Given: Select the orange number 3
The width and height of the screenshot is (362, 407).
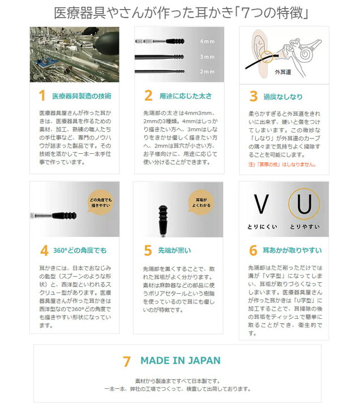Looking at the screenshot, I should pyautogui.click(x=253, y=96).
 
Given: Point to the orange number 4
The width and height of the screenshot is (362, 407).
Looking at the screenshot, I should pyautogui.click(x=44, y=250).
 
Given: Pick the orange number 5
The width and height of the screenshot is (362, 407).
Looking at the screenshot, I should pyautogui.click(x=148, y=250).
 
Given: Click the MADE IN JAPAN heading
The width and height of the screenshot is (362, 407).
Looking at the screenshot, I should pyautogui.click(x=180, y=361).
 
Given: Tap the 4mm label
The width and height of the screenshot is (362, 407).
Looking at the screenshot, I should pyautogui.click(x=207, y=42).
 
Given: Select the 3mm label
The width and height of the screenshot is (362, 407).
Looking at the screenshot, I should pyautogui.click(x=207, y=57).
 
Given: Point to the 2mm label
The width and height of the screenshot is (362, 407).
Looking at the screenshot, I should pyautogui.click(x=207, y=71).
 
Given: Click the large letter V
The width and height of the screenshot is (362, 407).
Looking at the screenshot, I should pyautogui.click(x=260, y=205).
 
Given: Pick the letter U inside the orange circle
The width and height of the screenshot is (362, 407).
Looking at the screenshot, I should pyautogui.click(x=304, y=205).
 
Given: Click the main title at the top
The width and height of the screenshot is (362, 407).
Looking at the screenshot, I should pyautogui.click(x=180, y=12).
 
